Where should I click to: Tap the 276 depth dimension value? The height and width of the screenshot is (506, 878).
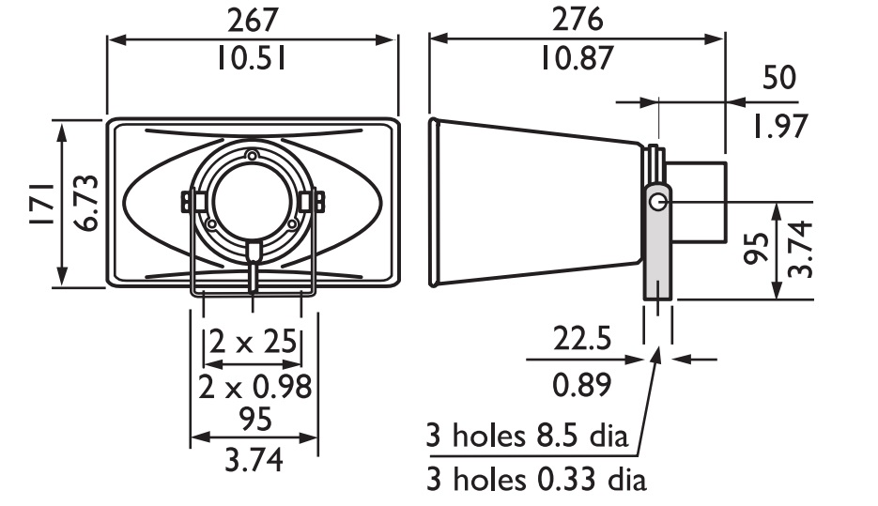pyautogui.click(x=578, y=19)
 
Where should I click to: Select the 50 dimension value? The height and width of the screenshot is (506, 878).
pyautogui.click(x=778, y=78)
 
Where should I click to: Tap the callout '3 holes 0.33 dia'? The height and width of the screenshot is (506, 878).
pyautogui.click(x=536, y=481)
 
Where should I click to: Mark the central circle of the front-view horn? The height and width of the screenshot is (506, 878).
pyautogui.click(x=251, y=202)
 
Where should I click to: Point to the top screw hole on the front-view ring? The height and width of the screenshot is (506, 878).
pyautogui.click(x=251, y=154)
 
